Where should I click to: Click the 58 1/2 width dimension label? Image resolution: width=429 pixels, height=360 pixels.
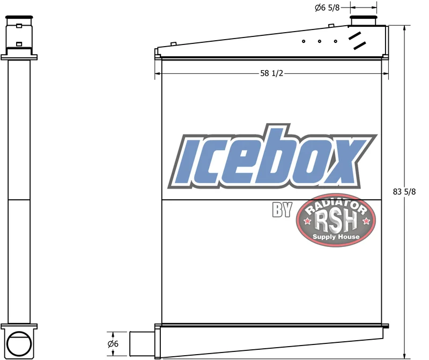tap(271, 73)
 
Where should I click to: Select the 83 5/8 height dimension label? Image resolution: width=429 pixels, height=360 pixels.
tap(404, 192)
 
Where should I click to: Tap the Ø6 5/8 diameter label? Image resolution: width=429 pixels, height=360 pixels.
tap(327, 7)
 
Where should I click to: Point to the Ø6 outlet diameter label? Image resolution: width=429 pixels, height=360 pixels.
tap(113, 343)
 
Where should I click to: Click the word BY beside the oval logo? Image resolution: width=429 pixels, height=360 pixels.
tap(282, 209)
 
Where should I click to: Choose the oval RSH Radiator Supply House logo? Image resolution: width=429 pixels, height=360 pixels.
tap(336, 220)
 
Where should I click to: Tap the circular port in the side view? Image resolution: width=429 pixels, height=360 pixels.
tap(19, 343)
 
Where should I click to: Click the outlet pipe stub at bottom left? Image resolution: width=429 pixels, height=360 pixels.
tap(142, 344)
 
